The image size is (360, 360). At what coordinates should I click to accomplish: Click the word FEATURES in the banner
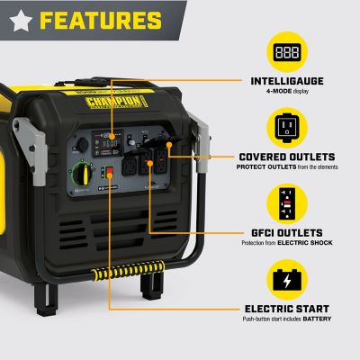pos(101,20)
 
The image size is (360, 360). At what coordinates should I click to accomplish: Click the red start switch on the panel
pos(110,172)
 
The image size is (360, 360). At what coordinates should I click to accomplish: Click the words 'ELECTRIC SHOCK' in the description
pos(311,242)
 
